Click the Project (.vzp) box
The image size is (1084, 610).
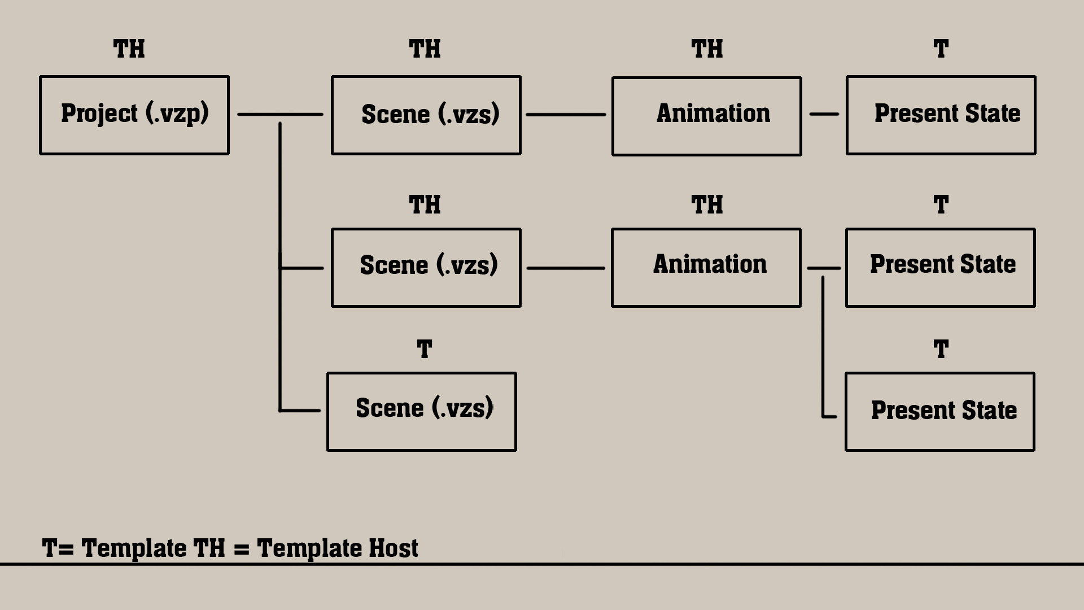click(x=134, y=115)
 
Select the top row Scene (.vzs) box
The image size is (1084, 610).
click(x=426, y=115)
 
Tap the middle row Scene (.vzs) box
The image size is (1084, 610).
click(x=426, y=268)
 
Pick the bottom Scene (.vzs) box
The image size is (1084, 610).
click(x=422, y=412)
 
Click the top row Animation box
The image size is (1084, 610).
click(x=706, y=116)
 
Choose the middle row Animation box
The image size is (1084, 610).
click(x=706, y=268)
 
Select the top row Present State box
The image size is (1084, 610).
click(x=941, y=115)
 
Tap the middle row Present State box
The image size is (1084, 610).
click(x=940, y=268)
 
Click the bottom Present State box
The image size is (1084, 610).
click(x=939, y=412)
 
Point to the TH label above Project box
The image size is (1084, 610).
click(x=129, y=49)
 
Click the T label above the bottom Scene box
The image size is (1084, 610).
click(x=425, y=350)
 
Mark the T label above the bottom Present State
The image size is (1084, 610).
click(x=941, y=350)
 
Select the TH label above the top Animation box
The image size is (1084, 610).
click(x=707, y=49)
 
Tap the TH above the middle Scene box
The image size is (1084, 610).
click(x=425, y=204)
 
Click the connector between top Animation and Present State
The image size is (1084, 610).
click(x=824, y=114)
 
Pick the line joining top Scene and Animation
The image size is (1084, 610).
click(x=566, y=115)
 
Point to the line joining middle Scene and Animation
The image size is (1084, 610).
click(x=566, y=268)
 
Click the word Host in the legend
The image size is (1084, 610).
click(x=394, y=548)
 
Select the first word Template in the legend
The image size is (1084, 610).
click(x=134, y=548)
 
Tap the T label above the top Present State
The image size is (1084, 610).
click(x=941, y=49)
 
